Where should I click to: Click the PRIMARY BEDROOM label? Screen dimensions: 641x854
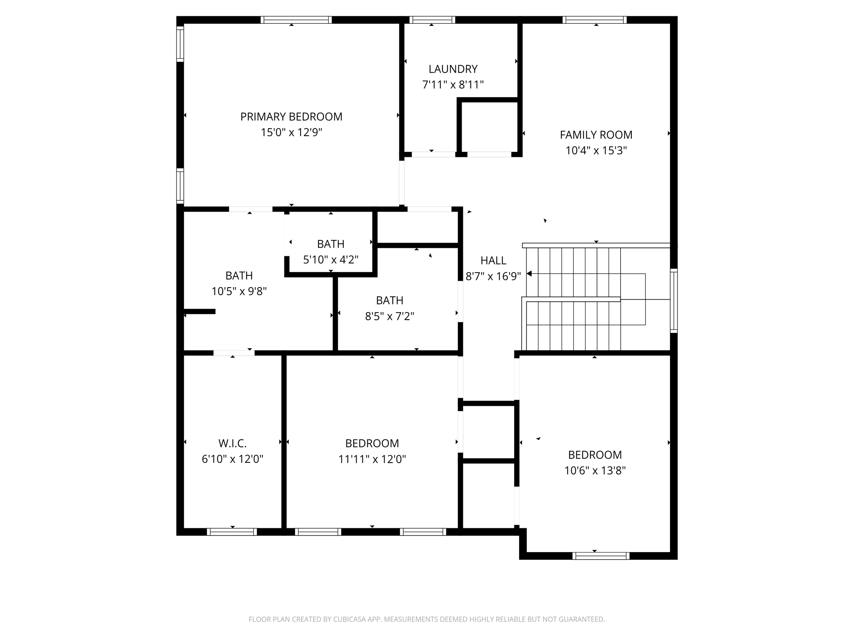pos(291,117)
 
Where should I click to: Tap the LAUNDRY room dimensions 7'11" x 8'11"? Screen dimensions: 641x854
pos(453,85)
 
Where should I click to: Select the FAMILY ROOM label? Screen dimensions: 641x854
pos(596,135)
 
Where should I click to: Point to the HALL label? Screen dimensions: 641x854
pos(493,260)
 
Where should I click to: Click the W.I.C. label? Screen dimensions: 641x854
pos(232,443)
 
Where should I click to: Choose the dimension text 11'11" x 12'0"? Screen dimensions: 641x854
pos(372,459)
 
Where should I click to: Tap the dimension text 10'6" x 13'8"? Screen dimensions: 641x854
pos(595,471)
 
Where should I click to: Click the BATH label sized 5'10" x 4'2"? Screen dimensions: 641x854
pos(331,244)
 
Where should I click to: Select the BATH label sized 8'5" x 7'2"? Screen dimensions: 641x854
pos(389,300)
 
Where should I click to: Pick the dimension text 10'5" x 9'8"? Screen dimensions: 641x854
pos(239,291)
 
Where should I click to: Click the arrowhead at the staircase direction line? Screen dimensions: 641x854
pos(530,274)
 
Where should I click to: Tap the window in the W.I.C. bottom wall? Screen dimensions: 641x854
pos(232,532)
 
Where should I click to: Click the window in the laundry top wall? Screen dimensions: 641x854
pos(432,20)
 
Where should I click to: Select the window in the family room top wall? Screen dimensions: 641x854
pos(594,20)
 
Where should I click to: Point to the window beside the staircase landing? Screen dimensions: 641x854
pos(673,300)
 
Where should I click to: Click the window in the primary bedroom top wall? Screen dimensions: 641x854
pos(296,20)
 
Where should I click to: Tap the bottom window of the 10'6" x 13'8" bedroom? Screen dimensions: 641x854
pos(601,556)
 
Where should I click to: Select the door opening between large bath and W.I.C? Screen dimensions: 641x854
pos(234,353)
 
